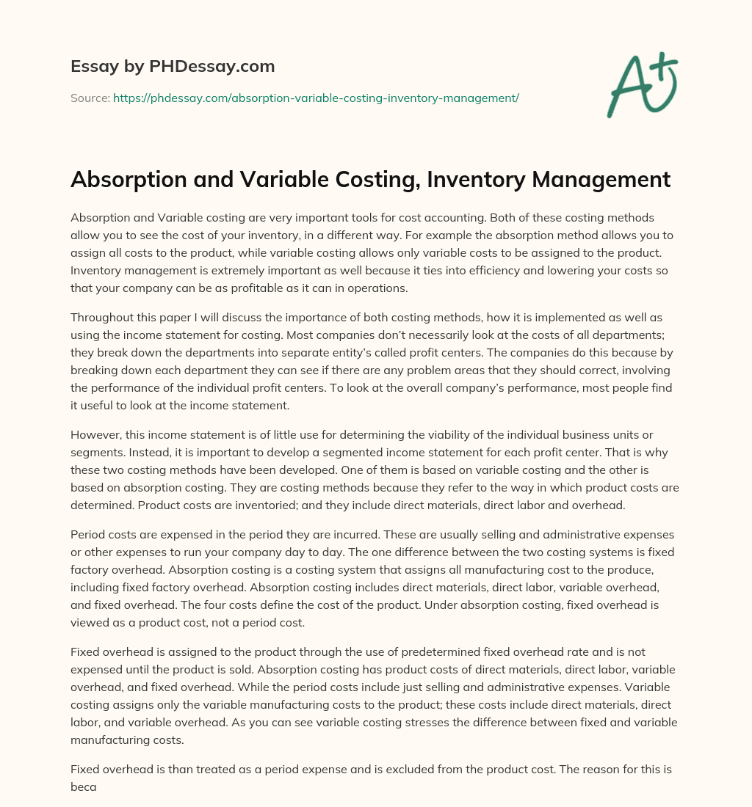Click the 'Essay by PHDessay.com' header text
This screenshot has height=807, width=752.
tap(173, 67)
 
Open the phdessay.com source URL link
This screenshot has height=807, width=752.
tap(316, 98)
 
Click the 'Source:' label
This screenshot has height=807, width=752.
tap(90, 98)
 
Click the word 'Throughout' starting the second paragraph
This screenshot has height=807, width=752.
tap(102, 317)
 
